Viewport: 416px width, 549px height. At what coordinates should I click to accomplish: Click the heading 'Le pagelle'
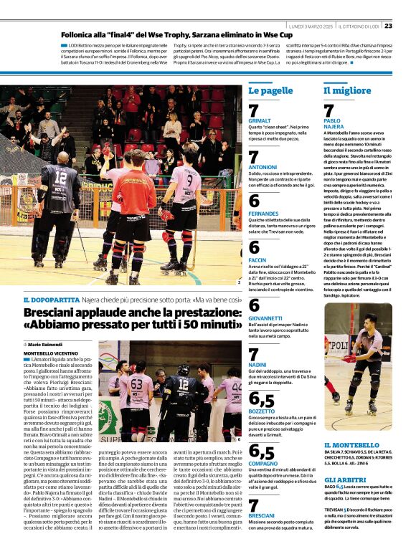[x=270, y=91]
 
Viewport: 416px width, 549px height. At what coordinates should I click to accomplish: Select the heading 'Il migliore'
[x=347, y=91]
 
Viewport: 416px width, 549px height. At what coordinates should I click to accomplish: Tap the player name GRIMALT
[x=260, y=121]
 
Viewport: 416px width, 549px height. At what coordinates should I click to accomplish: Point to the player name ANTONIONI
[x=263, y=166]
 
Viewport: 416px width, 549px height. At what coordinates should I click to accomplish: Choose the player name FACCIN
[x=257, y=259]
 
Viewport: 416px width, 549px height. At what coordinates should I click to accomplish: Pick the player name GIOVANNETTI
[x=265, y=317]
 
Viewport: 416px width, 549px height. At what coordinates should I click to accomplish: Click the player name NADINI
[x=257, y=363]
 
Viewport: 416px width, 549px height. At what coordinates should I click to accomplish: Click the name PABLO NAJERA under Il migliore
[x=333, y=124]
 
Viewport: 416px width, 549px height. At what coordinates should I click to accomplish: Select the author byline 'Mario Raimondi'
[x=47, y=345]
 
